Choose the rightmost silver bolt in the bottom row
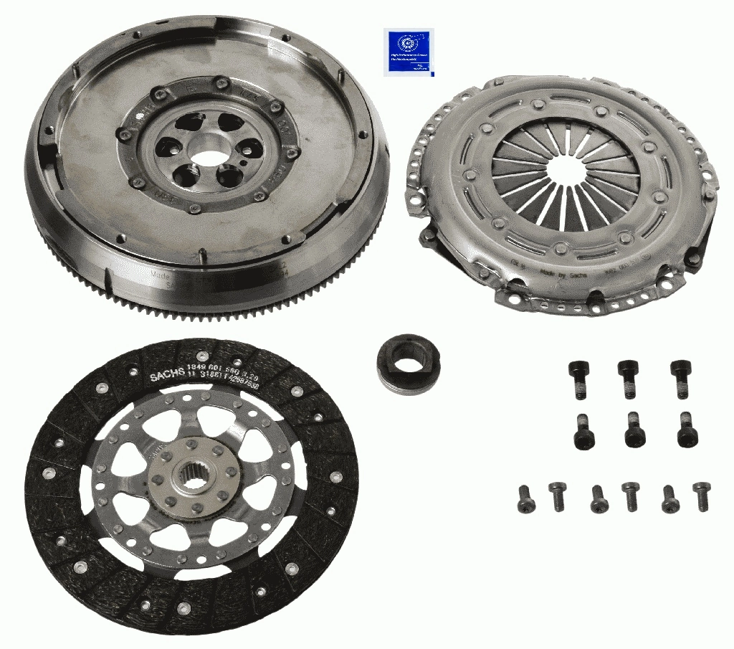(x=701, y=496)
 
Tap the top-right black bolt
(x=680, y=377)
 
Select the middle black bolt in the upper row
(x=628, y=377)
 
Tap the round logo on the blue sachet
(x=399, y=43)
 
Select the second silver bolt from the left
(x=558, y=496)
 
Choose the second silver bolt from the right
(x=669, y=498)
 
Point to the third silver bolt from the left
(x=599, y=499)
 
